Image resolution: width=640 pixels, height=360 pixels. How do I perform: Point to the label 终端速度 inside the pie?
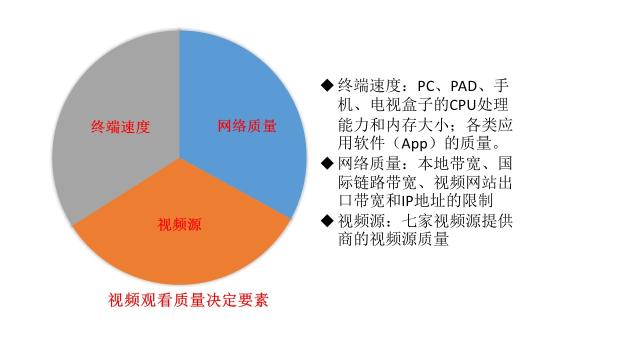click(x=120, y=127)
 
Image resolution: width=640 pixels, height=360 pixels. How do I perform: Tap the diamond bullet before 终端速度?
click(x=326, y=84)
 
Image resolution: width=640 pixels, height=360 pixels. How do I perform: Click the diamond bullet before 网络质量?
click(x=326, y=162)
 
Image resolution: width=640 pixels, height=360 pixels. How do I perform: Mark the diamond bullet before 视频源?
click(x=326, y=220)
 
